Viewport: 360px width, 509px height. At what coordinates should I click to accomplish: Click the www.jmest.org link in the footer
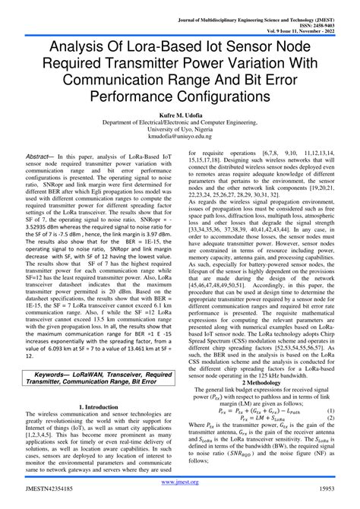[180, 482]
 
